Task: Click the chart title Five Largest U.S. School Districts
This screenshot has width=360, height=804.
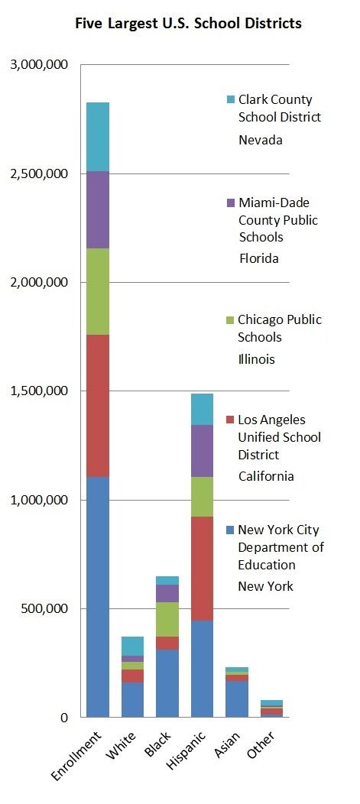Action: tap(188, 24)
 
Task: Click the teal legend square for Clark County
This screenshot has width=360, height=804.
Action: tap(231, 100)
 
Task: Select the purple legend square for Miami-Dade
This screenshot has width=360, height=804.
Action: tap(231, 203)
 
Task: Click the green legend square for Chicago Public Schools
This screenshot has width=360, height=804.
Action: tap(231, 320)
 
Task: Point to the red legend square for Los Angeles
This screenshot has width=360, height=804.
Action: tap(231, 420)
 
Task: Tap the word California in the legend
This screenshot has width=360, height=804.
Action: tap(265, 476)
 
